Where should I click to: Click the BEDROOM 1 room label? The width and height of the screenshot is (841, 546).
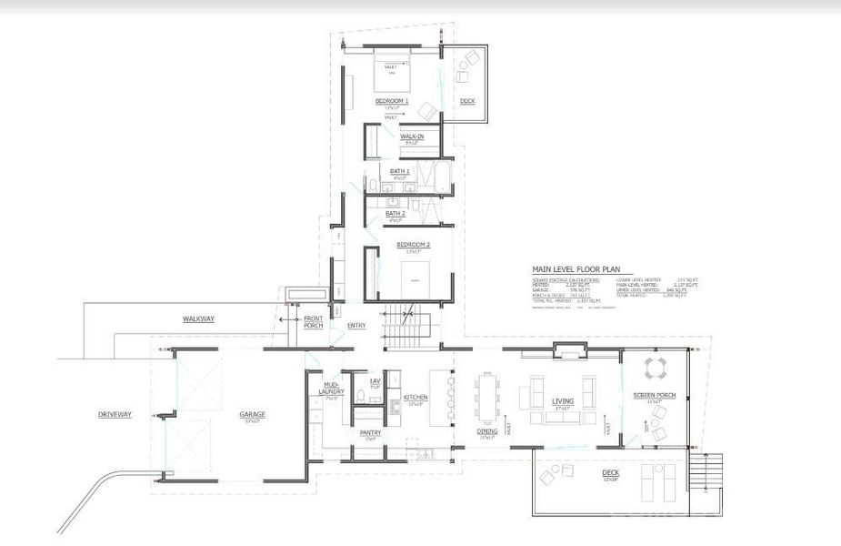[x=392, y=101]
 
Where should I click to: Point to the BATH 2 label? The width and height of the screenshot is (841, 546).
[x=396, y=213]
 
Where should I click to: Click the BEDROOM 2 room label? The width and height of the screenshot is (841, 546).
[x=413, y=245]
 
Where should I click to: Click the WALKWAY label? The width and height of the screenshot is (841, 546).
[x=198, y=318]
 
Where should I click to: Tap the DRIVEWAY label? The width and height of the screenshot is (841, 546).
[x=115, y=415]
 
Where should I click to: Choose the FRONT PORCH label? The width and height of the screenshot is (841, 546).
[x=313, y=321]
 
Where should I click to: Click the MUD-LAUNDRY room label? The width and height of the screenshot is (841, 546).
[x=330, y=390]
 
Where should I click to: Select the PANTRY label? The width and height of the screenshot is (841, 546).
[x=370, y=432]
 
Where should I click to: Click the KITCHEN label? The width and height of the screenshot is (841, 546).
[x=415, y=398]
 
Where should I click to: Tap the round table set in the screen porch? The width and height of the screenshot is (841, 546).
[x=656, y=368]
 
